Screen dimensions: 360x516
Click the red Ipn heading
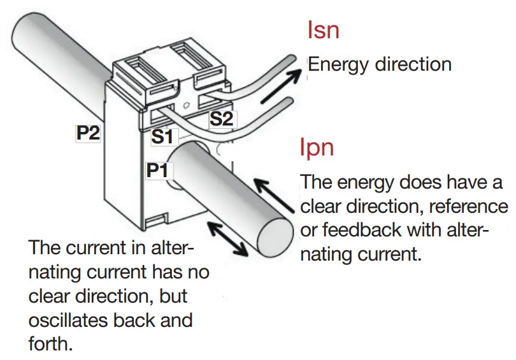click(317, 148)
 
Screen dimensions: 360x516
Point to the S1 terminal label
click(162, 136)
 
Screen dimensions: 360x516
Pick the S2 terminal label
click(222, 118)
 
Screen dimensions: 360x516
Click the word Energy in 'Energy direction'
click(338, 64)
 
